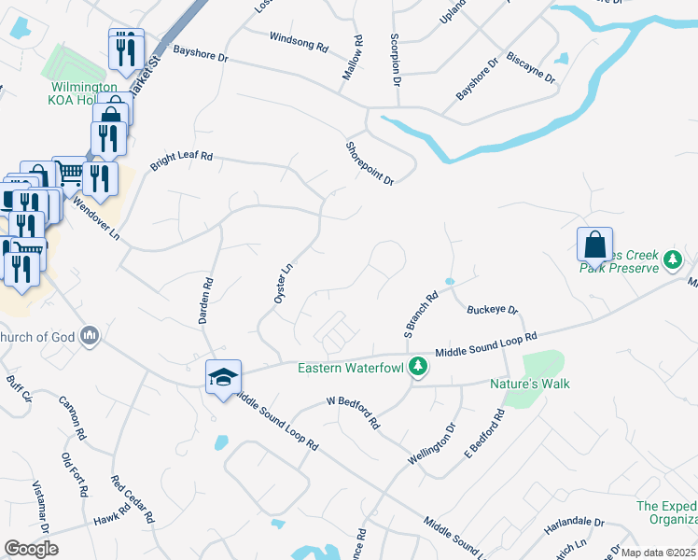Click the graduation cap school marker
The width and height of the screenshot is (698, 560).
[x=223, y=377]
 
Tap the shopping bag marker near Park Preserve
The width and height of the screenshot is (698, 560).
[x=594, y=245]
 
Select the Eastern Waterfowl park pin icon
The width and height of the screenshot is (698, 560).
[x=419, y=368]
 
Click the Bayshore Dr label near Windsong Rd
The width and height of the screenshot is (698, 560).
[x=201, y=57]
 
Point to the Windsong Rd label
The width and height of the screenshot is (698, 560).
[x=299, y=41]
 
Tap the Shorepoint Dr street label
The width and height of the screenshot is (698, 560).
[x=370, y=162]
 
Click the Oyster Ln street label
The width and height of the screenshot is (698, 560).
[x=284, y=281]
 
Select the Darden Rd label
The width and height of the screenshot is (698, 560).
[x=206, y=301]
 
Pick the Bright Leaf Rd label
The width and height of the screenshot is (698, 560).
[x=182, y=157]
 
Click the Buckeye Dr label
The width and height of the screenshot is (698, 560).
[x=492, y=309]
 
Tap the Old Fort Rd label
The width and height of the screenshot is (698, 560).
[x=75, y=475]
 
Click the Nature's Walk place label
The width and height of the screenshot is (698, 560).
[x=530, y=384]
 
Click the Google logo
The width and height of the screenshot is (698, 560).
[x=31, y=549]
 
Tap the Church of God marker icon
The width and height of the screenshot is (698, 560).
[x=91, y=335]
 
